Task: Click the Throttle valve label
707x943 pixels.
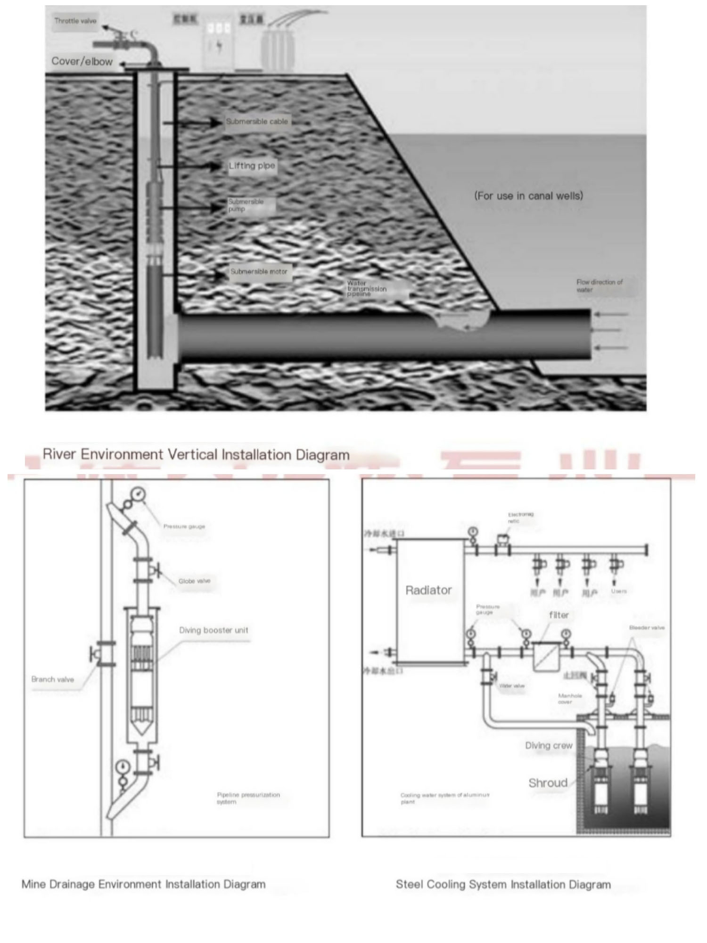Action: pos(75,21)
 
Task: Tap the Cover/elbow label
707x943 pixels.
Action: pos(82,61)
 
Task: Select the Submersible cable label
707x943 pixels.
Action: pos(256,122)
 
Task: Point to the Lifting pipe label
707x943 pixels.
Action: pos(252,166)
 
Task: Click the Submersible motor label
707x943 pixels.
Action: pos(259,272)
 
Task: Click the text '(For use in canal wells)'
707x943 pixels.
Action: pos(528,196)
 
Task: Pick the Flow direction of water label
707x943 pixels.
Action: pos(599,286)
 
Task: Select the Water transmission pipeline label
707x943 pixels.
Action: pos(366,288)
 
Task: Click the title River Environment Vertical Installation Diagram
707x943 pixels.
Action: pos(196,455)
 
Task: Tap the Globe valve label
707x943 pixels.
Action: pos(194,581)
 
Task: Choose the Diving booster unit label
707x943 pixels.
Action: pos(214,630)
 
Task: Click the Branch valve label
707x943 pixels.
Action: pos(53,679)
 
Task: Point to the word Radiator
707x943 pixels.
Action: pos(428,590)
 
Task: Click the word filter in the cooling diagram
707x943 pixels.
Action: pos(559,615)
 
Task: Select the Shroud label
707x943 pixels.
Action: pos(548,783)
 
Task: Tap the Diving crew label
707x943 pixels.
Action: pos(549,745)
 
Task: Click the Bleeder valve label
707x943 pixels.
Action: pos(647,628)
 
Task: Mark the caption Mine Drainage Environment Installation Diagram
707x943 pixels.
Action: pos(143,884)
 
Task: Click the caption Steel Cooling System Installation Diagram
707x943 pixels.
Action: pos(503,885)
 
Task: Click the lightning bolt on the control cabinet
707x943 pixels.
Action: pos(218,46)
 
